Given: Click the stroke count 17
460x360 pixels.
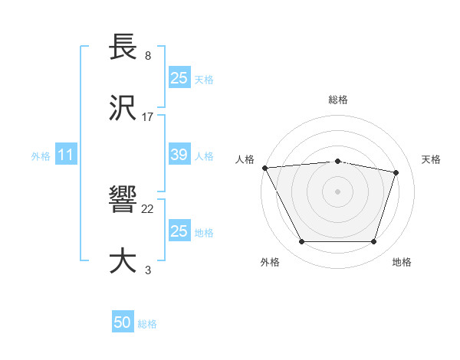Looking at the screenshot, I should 148,116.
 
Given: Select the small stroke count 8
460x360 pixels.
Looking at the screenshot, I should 147,56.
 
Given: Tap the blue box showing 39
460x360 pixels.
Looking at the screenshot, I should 179,155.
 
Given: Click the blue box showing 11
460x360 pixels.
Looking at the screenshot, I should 66,155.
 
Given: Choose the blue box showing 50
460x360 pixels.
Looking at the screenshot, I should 123,322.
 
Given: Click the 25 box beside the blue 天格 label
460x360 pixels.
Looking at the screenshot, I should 179,77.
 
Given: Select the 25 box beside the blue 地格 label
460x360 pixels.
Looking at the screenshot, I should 179,231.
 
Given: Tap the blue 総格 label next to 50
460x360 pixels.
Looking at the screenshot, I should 147,324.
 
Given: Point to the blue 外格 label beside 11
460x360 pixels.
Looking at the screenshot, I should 41,156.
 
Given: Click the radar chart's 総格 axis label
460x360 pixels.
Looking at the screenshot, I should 338,100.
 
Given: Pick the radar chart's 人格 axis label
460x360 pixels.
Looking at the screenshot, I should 245,159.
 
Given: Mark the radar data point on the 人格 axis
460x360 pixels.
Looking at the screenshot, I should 264,168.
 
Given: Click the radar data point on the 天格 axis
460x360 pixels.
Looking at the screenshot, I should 396,172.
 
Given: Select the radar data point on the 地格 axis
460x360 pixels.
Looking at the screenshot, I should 374,242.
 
